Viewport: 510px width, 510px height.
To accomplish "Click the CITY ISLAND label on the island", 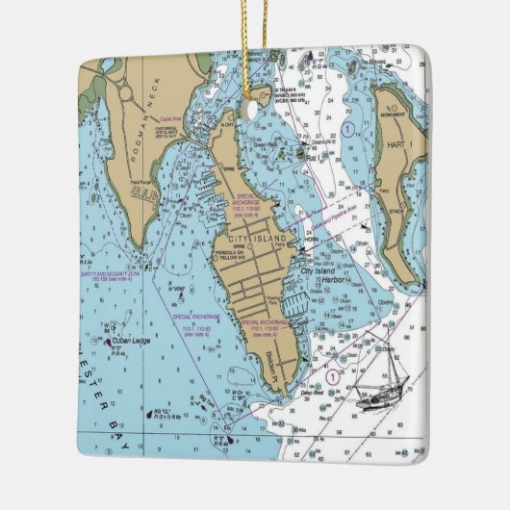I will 251,239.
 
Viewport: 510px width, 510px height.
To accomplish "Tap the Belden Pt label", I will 271,364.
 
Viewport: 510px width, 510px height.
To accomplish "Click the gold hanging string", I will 256,48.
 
